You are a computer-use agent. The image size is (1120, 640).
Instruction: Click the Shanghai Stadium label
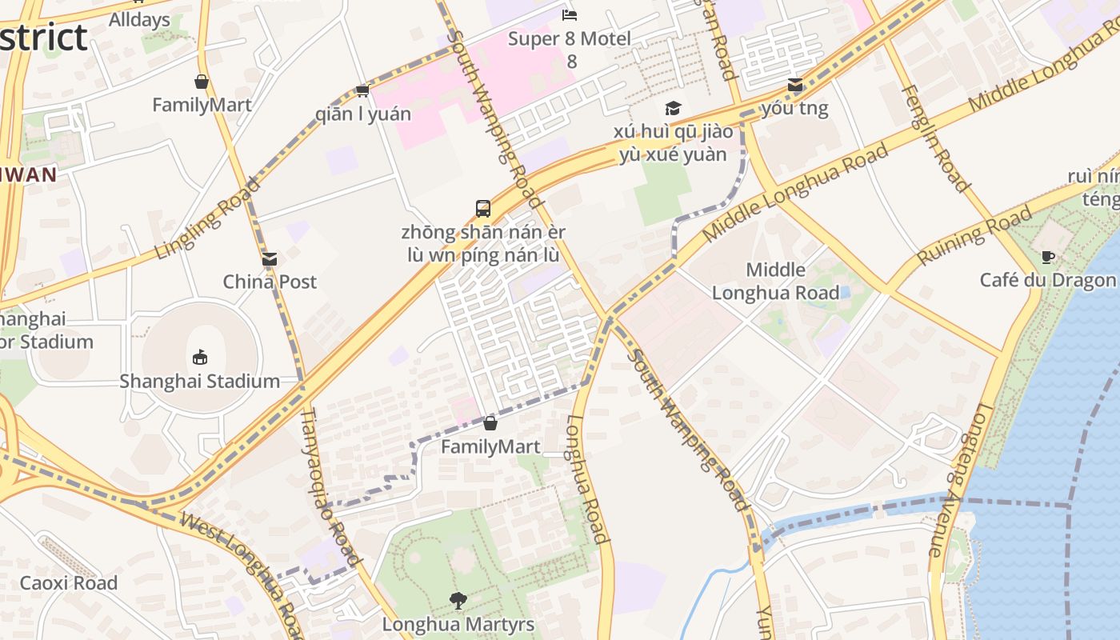click(x=199, y=381)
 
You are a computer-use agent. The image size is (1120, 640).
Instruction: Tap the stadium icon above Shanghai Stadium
click(x=200, y=357)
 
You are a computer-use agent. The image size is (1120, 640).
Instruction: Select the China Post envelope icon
click(x=270, y=258)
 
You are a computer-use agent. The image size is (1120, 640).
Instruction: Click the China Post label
click(x=270, y=282)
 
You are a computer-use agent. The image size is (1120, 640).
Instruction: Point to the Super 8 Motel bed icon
click(x=570, y=14)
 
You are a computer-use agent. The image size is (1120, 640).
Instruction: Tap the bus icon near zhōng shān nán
click(x=483, y=209)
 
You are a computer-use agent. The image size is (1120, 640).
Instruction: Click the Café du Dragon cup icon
click(x=1048, y=257)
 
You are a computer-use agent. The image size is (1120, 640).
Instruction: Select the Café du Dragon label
click(x=1047, y=280)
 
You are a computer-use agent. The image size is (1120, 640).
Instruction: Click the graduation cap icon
click(x=673, y=108)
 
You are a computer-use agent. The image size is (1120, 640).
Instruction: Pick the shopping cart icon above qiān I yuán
click(x=362, y=90)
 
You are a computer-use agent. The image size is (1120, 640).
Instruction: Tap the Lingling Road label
click(x=209, y=218)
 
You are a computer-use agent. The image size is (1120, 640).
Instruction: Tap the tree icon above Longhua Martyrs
click(x=458, y=600)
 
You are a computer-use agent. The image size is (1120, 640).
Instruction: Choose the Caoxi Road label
click(x=68, y=582)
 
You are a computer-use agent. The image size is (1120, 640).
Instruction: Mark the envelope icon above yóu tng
click(x=794, y=85)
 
